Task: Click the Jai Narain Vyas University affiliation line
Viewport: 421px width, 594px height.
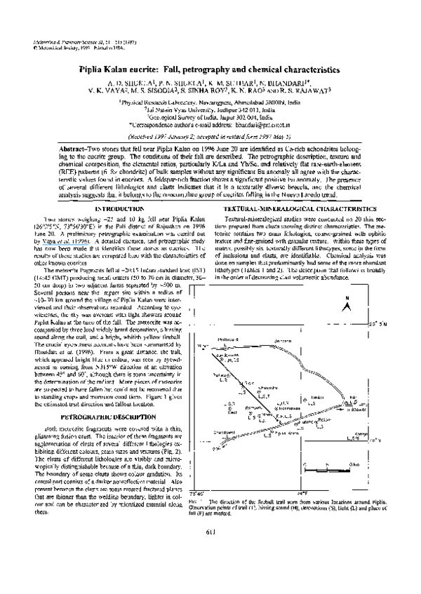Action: click(210, 112)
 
